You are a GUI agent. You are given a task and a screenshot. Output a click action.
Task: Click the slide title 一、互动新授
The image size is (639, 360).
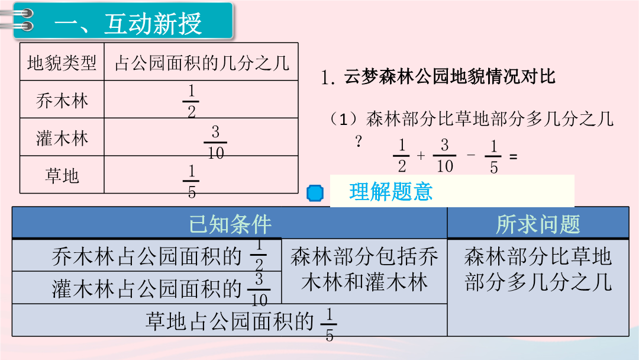tap(128, 23)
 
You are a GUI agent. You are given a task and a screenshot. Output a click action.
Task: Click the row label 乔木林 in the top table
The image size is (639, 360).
tap(62, 101)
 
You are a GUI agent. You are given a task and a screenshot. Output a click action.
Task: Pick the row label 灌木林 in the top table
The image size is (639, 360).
tap(62, 138)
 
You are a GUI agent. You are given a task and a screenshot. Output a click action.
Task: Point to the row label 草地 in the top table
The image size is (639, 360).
tap(62, 176)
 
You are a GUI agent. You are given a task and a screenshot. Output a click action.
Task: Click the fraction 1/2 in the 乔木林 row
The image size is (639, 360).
tap(191, 101)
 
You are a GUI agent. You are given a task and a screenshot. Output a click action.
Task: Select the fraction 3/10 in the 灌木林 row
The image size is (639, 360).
tap(215, 142)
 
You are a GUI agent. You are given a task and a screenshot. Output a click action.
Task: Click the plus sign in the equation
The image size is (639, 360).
tap(421, 155)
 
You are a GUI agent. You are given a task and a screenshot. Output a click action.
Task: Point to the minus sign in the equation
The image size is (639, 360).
tap(471, 155)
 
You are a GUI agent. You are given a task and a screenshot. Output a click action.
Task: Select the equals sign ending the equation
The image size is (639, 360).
tap(513, 156)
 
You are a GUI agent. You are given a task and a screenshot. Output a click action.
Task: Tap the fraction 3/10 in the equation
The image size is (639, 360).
tap(444, 155)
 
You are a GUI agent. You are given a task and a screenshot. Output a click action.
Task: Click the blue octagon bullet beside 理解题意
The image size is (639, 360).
tap(315, 193)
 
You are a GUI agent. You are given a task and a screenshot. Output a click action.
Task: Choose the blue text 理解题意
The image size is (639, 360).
tap(390, 192)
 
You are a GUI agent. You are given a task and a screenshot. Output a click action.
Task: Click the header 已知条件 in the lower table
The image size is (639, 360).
tap(230, 224)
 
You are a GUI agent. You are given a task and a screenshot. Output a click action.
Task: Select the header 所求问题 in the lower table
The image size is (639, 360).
tap(538, 224)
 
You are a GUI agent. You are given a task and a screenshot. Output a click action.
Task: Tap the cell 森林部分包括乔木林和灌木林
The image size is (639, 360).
tap(364, 269)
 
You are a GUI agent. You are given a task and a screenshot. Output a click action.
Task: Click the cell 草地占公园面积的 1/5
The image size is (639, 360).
tap(241, 322)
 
